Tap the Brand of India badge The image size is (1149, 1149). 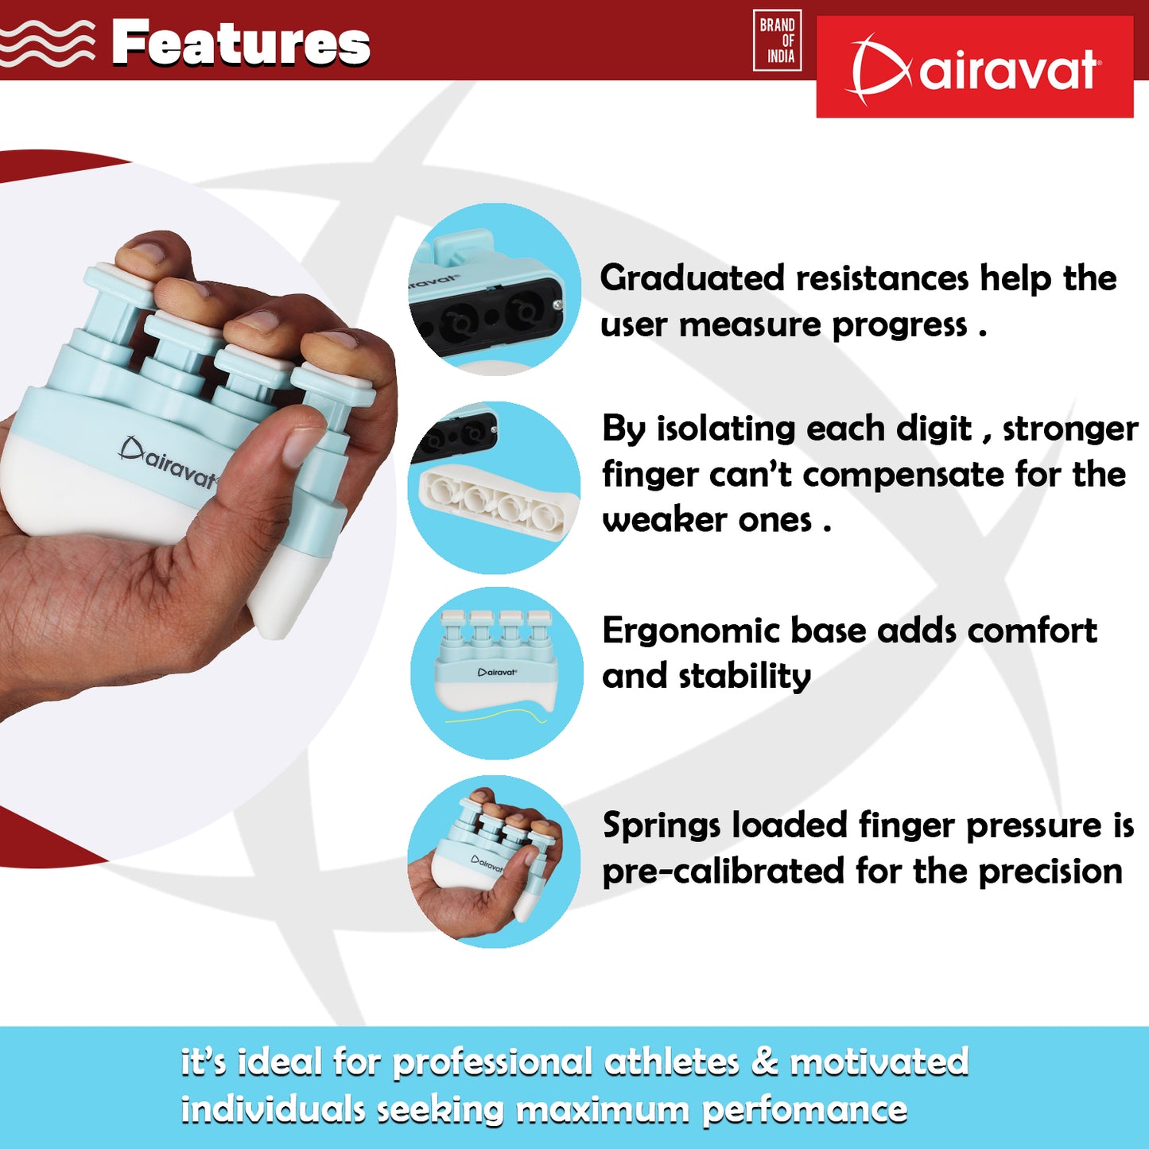coord(777,41)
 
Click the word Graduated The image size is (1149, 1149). coord(692,279)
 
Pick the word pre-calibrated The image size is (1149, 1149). coord(724,872)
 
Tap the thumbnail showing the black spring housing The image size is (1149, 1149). coord(495,289)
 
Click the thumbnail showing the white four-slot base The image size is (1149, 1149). coord(495,487)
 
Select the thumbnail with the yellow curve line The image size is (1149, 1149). coord(497,673)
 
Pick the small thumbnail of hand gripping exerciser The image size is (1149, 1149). coord(495,862)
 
